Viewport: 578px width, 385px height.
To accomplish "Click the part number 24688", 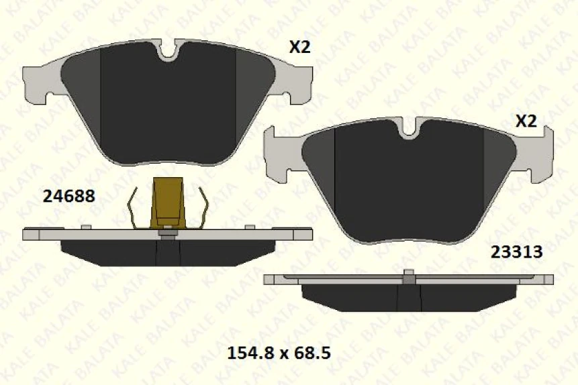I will click(x=68, y=197).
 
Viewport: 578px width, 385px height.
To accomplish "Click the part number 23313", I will click(x=516, y=252).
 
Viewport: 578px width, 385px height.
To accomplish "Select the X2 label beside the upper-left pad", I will click(x=300, y=47).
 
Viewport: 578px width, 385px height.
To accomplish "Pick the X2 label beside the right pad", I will click(x=526, y=121).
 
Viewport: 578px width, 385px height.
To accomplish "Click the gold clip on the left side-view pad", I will click(x=168, y=201).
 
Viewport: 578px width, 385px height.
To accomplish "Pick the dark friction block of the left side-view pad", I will click(x=168, y=252).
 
